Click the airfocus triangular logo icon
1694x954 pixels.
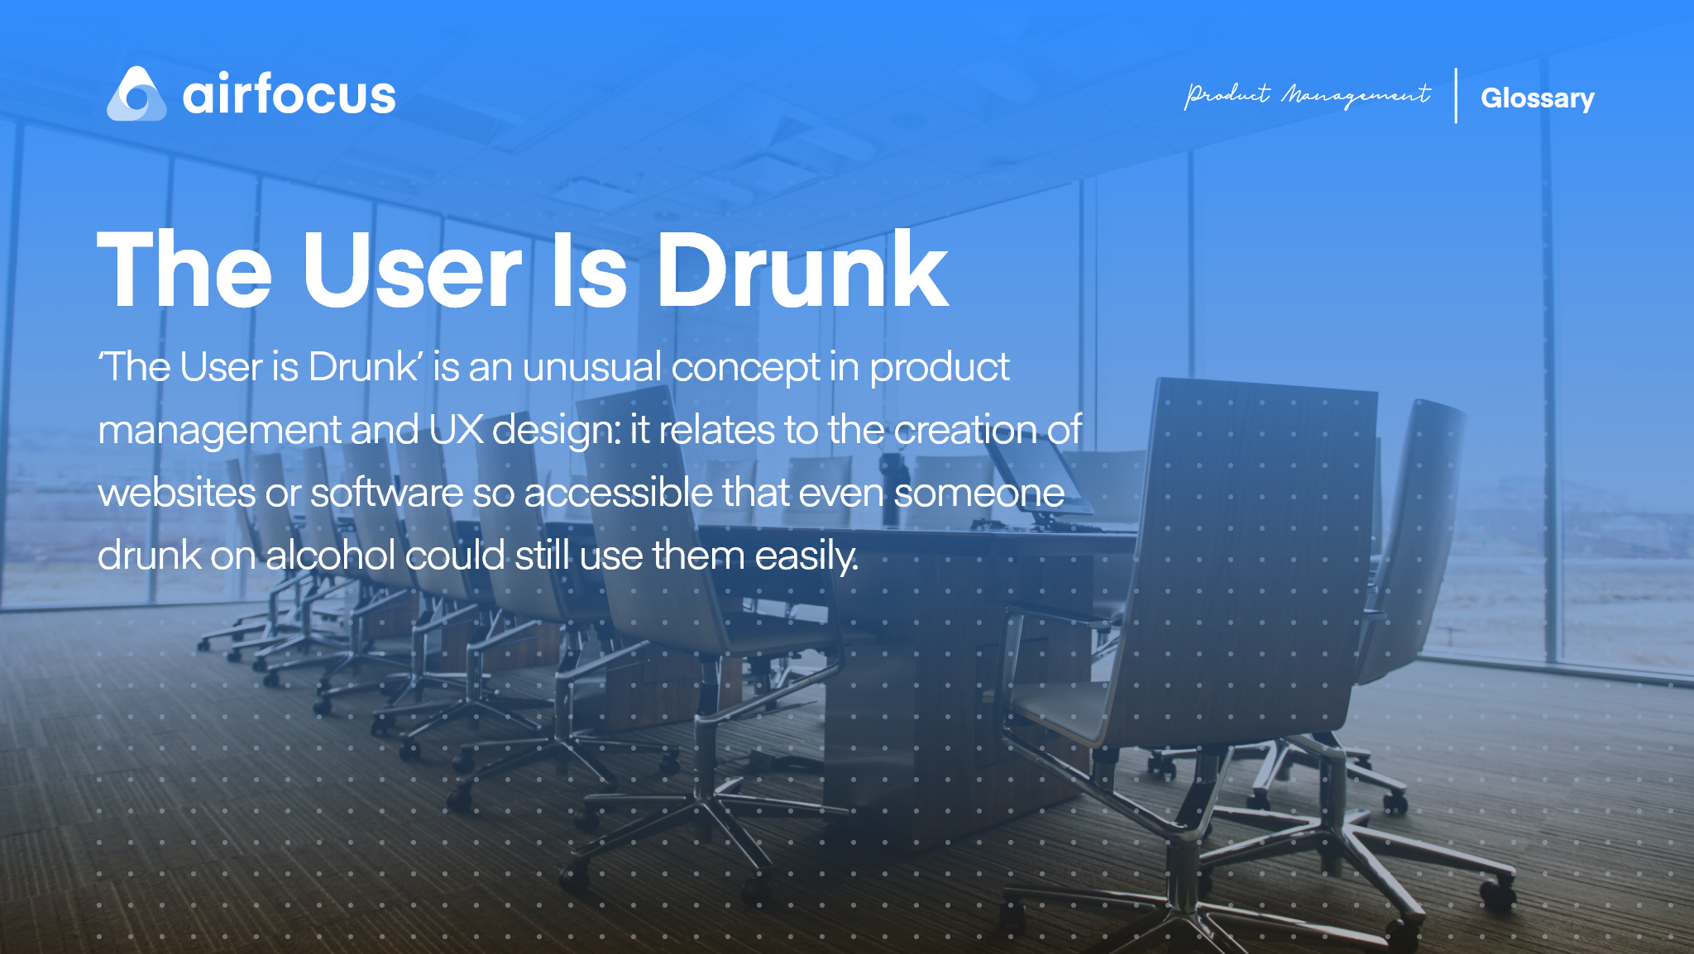pos(136,94)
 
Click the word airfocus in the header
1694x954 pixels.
pos(289,94)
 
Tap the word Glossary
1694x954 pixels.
pos(1537,98)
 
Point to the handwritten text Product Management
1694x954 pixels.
pos(1307,95)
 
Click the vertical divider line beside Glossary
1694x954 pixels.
pos(1456,96)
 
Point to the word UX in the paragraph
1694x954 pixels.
pos(456,430)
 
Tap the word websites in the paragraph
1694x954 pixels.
pos(176,493)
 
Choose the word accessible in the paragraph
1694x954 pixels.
pos(618,493)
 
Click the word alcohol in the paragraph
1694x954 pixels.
pos(330,555)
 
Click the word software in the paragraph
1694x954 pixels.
pos(386,493)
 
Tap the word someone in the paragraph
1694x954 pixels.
pos(979,493)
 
